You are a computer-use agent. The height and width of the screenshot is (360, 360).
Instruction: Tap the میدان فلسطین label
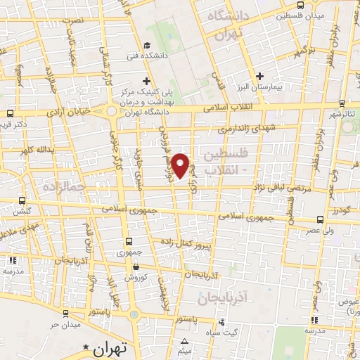[300, 15]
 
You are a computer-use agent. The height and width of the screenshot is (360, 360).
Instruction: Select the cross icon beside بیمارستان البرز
[259, 75]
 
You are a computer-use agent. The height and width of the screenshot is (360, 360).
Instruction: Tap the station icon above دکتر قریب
[10, 112]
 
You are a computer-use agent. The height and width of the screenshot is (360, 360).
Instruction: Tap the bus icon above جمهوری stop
[128, 240]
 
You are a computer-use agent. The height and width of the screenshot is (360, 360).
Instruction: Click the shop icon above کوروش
[135, 266]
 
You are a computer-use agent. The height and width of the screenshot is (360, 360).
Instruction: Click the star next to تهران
[86, 347]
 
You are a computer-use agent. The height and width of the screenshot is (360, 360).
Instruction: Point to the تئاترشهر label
[344, 113]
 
